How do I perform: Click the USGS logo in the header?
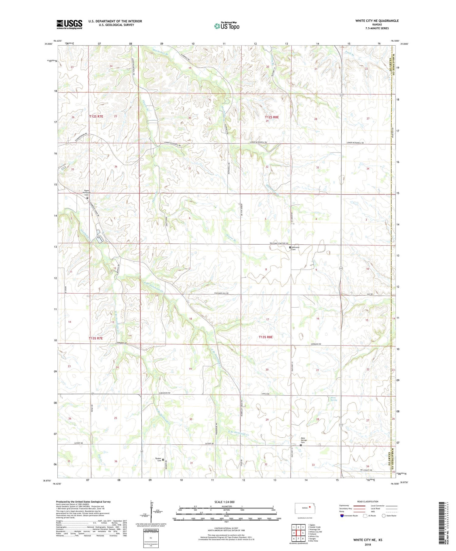click(x=69, y=24)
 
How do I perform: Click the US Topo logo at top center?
click(x=226, y=26)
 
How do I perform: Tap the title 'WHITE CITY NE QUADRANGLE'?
click(x=377, y=21)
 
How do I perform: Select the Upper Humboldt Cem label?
click(x=87, y=193)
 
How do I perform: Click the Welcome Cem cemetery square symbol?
click(x=290, y=247)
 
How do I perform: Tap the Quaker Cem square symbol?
click(x=163, y=460)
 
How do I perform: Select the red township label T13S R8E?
click(x=266, y=337)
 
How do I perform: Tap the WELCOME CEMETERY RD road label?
click(x=279, y=244)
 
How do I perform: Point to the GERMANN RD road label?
click(x=316, y=344)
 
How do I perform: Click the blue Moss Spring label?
click(x=334, y=399)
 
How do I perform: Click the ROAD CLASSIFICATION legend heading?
click(x=368, y=501)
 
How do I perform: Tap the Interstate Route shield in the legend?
click(x=342, y=516)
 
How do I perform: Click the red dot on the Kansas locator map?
click(x=310, y=507)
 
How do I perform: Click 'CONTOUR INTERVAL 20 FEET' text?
click(x=226, y=529)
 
